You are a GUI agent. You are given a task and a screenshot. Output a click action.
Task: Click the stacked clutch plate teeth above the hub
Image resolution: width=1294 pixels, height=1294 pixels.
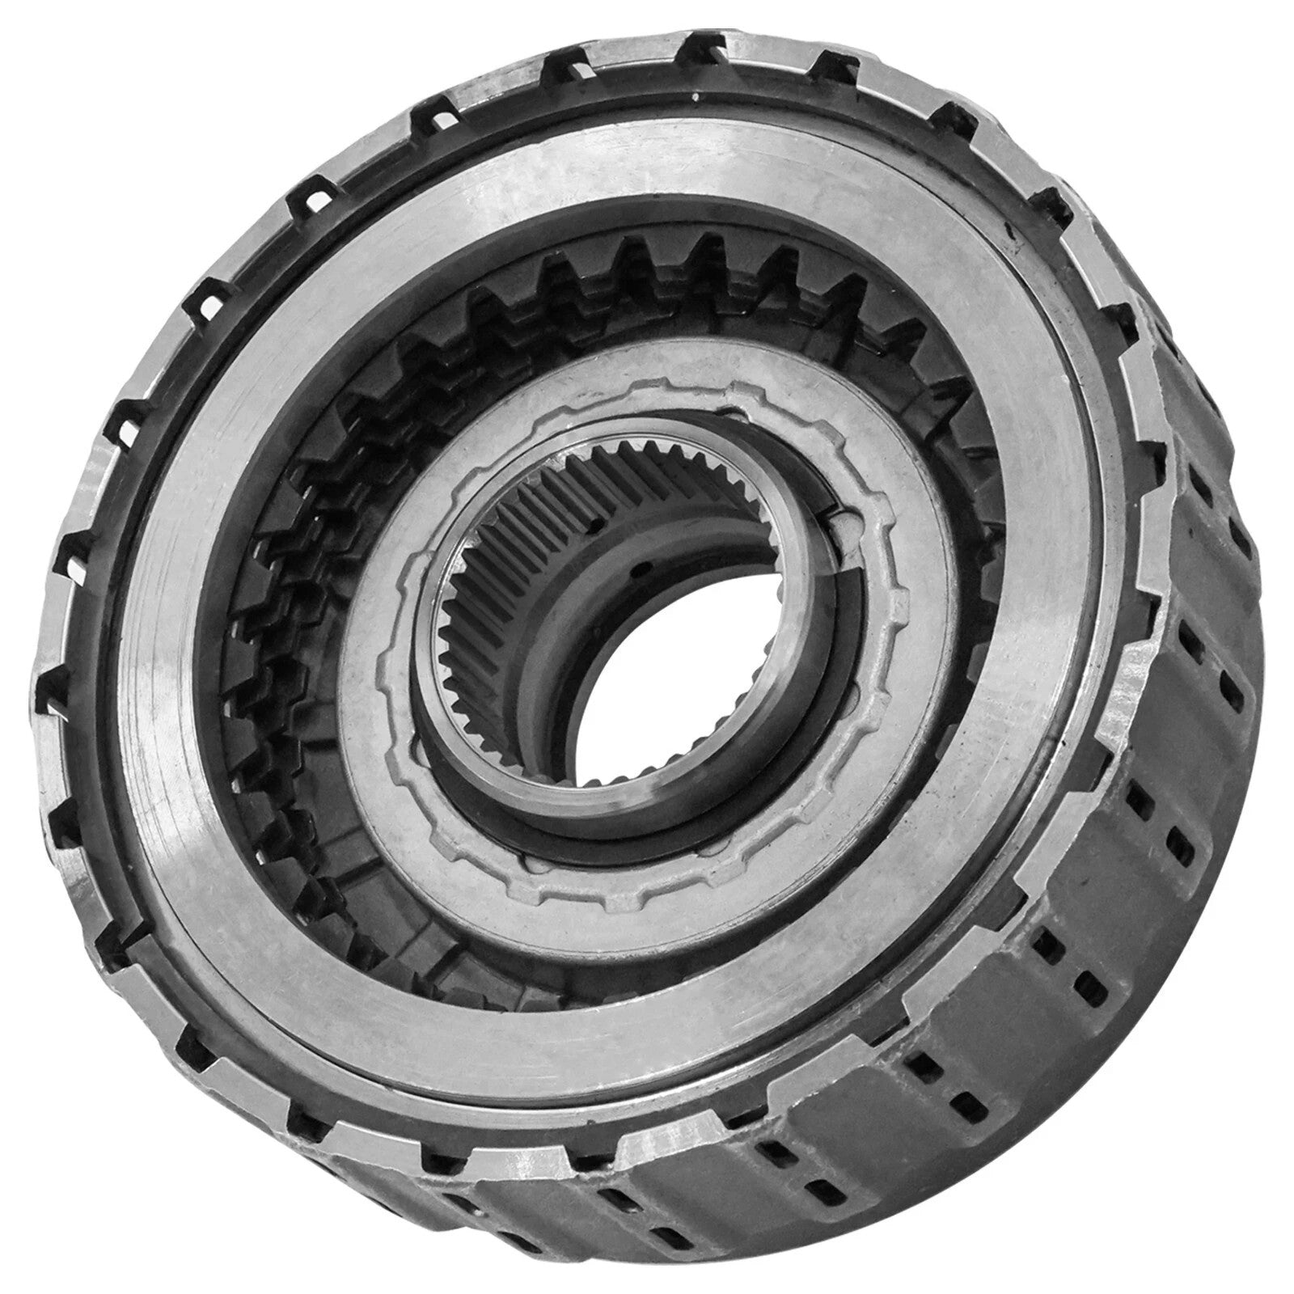647,267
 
